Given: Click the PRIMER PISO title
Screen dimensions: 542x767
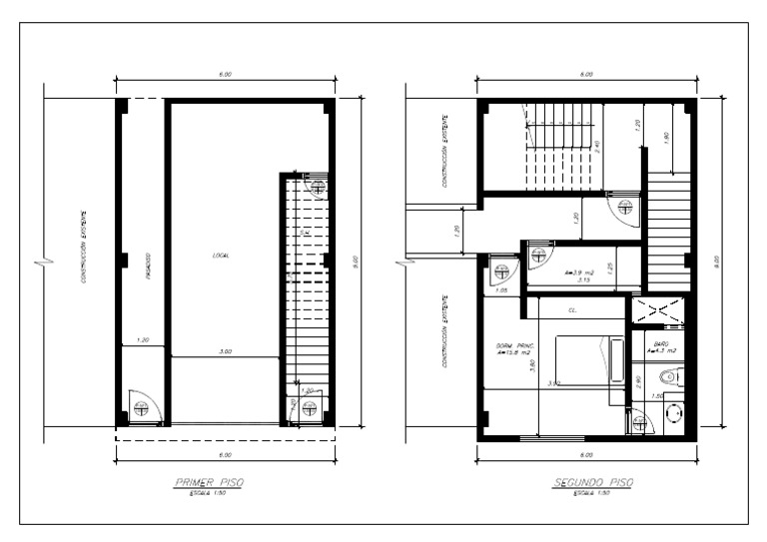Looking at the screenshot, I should pyautogui.click(x=208, y=483).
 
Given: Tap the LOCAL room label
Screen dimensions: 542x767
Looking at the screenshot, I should pyautogui.click(x=222, y=256).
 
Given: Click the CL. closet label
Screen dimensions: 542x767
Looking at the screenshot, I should pyautogui.click(x=573, y=310).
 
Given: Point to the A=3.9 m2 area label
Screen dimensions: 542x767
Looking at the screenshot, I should pyautogui.click(x=579, y=271).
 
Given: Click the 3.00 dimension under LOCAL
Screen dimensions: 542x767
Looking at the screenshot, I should pyautogui.click(x=227, y=352).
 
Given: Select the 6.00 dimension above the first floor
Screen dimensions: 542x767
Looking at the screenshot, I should pyautogui.click(x=225, y=74).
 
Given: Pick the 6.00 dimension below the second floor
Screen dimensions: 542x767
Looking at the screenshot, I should pyautogui.click(x=587, y=452).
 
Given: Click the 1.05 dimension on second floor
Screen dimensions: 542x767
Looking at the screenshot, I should pyautogui.click(x=501, y=289).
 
